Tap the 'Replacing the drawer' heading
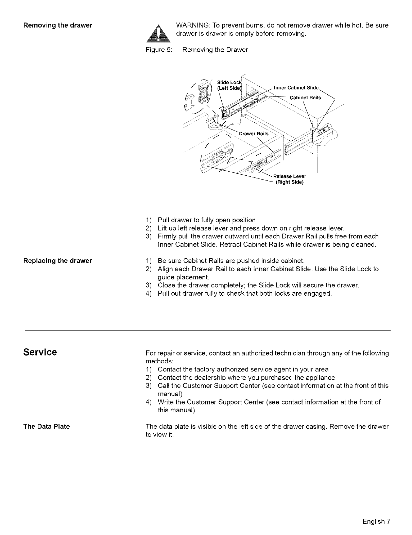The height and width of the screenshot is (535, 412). pos(57,261)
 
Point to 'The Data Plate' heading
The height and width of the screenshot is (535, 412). pos(46,427)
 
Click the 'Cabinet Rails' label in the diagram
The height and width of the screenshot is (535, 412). pos(305,98)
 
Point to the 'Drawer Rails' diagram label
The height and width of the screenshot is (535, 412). pos(254,134)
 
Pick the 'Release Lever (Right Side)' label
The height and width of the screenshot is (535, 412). pos(289,179)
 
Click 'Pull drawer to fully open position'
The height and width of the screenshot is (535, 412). pos(207,220)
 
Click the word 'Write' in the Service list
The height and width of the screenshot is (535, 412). pos(166,402)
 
